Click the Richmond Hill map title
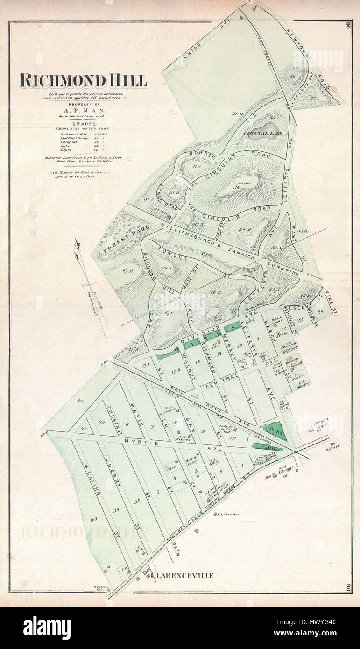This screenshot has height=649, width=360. coord(83,81)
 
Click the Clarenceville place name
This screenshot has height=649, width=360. coord(183,576)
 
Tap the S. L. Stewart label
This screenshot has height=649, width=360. coord(227,515)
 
